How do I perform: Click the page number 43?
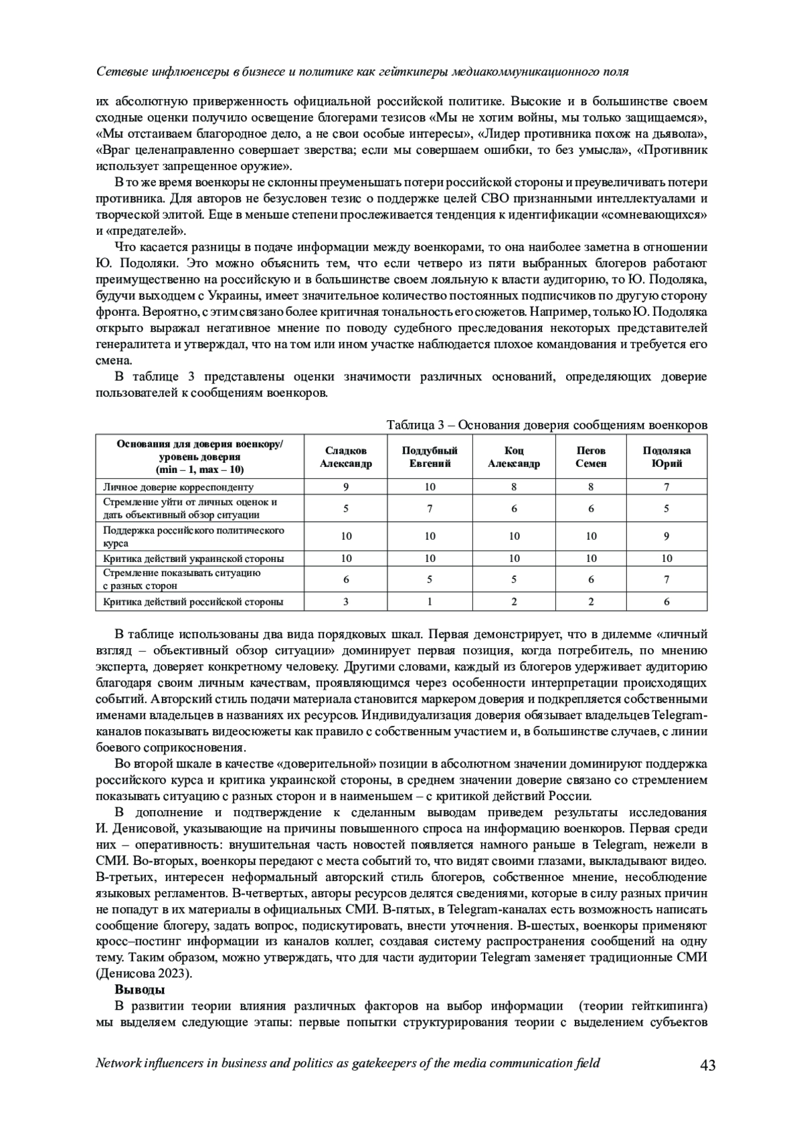[x=707, y=1064]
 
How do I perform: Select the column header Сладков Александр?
[x=346, y=457]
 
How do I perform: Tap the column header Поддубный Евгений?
[x=430, y=457]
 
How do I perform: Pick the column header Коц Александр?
[x=513, y=457]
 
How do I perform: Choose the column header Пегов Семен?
[x=591, y=457]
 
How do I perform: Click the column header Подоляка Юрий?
[x=666, y=457]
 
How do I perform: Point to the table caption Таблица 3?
[x=547, y=425]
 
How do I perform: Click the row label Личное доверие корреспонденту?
[x=179, y=487]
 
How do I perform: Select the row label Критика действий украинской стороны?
[x=193, y=558]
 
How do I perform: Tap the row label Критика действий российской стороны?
[x=193, y=601]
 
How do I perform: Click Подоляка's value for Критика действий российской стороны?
[x=666, y=601]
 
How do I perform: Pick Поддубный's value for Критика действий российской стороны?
[x=430, y=601]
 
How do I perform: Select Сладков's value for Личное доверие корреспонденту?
[x=346, y=487]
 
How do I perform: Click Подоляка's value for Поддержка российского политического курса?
[x=666, y=536]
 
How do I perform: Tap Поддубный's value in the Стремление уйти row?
[x=430, y=508]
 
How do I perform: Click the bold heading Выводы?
[x=139, y=989]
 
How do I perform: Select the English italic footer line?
[x=348, y=1063]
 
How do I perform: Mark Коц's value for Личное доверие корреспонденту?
[x=513, y=487]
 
